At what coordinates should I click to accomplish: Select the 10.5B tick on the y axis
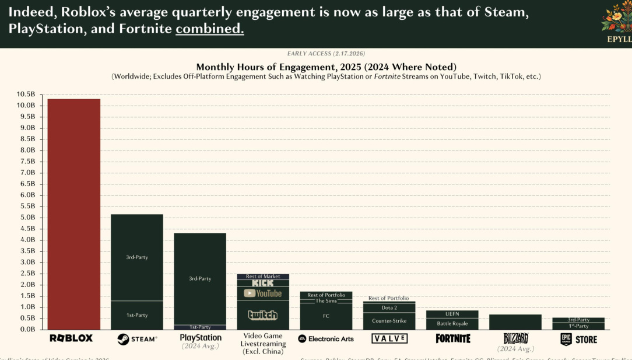pos(27,95)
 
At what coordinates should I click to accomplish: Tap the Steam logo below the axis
pos(137,339)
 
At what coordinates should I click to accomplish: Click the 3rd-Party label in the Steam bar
pos(137,257)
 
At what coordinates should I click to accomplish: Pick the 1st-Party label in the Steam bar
pos(137,315)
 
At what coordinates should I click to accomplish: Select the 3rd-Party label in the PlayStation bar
pos(200,279)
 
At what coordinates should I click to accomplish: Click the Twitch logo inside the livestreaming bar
pos(262,315)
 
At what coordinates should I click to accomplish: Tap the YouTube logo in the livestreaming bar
pos(262,293)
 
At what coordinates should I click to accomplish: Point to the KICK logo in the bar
pos(262,283)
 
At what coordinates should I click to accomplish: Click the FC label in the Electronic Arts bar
pos(326,316)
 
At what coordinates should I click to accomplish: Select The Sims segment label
pos(326,301)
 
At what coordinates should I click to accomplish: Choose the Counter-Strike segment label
pos(389,321)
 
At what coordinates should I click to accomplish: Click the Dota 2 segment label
pos(389,307)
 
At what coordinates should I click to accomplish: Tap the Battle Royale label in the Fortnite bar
pos(452,323)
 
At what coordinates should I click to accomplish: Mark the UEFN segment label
pos(452,314)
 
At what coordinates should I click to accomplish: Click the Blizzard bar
pos(515,322)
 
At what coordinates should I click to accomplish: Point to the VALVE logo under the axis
pos(389,338)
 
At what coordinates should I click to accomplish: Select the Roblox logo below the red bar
pos(71,338)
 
